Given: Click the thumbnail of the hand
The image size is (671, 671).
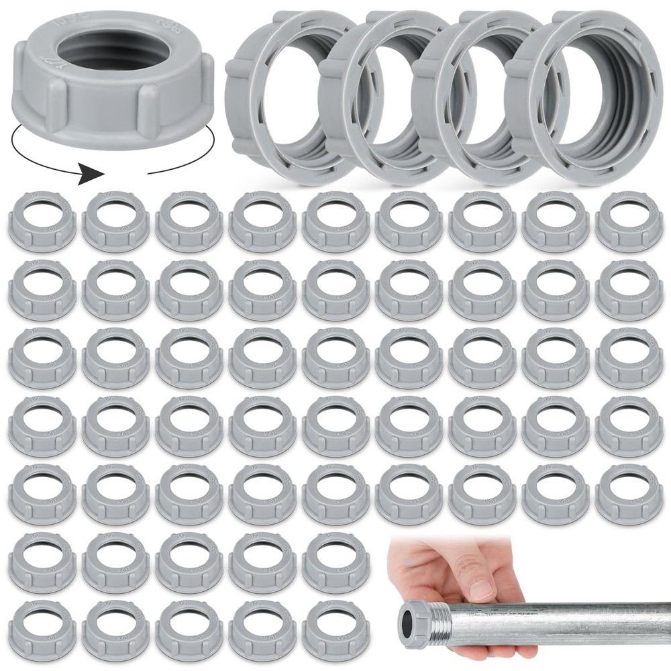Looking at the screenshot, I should pyautogui.click(x=482, y=590).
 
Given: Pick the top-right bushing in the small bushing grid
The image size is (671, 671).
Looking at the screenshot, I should pyautogui.click(x=629, y=221).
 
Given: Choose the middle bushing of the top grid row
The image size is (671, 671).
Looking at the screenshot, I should pyautogui.click(x=335, y=221).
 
